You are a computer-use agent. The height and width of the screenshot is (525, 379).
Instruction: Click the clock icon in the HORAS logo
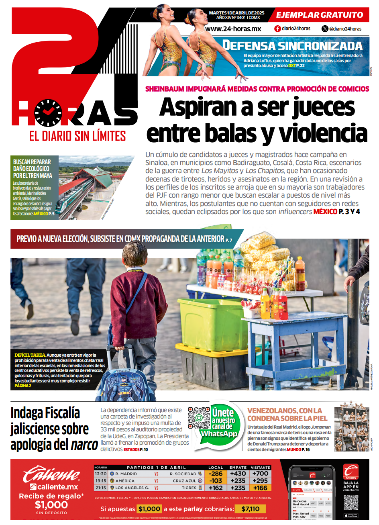(x=48, y=112)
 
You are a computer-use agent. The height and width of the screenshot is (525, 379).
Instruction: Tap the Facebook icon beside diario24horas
(x=277, y=29)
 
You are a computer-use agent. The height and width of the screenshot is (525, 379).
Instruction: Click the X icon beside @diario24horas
(x=325, y=29)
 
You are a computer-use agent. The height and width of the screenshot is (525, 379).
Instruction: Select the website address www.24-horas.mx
(x=233, y=29)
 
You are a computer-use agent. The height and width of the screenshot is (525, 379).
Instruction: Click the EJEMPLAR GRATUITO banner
(x=320, y=15)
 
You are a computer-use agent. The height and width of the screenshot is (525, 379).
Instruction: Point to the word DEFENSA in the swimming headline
(x=249, y=45)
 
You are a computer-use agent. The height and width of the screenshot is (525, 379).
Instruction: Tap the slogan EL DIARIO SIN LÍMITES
(x=77, y=137)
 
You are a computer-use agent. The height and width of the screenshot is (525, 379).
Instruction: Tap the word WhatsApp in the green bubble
(x=219, y=434)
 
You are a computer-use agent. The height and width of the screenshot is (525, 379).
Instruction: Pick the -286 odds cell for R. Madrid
(x=216, y=474)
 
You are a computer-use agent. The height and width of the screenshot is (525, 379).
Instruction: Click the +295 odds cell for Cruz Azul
(x=260, y=481)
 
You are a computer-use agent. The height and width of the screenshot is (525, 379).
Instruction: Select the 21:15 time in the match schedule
(x=101, y=488)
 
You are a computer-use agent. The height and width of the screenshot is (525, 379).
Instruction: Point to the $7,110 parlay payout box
(x=251, y=509)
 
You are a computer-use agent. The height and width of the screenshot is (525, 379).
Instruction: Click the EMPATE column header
(x=238, y=468)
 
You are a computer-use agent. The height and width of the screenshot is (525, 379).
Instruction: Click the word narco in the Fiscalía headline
(x=84, y=445)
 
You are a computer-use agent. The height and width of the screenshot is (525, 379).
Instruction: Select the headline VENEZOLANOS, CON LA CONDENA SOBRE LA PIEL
(x=287, y=414)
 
